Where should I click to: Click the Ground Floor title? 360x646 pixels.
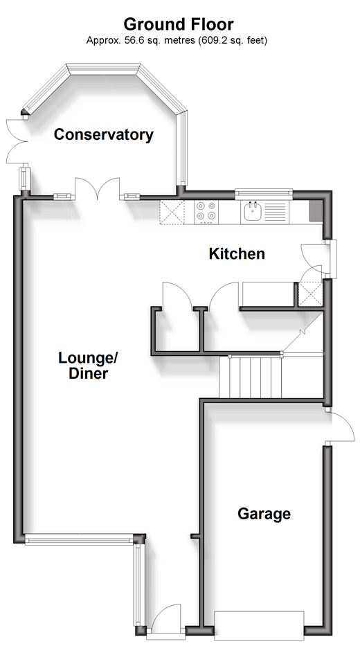click(x=179, y=24)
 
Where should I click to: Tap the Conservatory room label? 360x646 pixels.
click(x=103, y=135)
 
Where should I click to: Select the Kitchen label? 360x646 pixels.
click(x=237, y=253)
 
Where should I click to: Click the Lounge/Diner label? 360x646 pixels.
click(x=88, y=365)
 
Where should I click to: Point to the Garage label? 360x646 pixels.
click(x=264, y=514)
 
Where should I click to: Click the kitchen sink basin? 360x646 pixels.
click(x=252, y=212)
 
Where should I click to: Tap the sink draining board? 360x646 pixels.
click(x=274, y=211)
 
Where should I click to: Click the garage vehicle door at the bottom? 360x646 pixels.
click(x=259, y=625)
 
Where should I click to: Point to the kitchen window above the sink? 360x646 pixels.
click(x=264, y=193)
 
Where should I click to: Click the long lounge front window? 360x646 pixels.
click(x=79, y=539)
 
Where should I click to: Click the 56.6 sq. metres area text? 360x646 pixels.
click(x=160, y=40)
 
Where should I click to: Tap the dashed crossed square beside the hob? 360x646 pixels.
click(x=172, y=212)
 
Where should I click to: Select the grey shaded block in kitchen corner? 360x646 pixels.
click(x=316, y=212)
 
